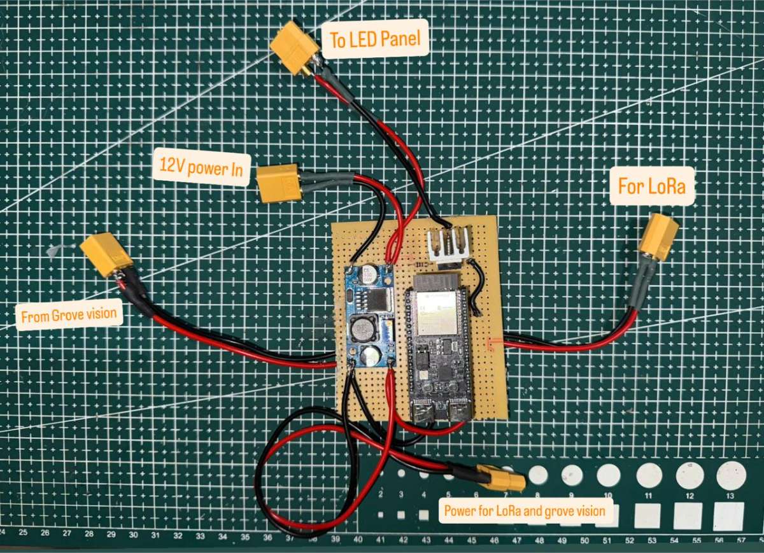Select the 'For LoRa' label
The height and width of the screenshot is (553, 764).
652,186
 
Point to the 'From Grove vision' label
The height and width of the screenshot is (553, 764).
69,315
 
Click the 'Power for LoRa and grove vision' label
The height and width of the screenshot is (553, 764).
528,510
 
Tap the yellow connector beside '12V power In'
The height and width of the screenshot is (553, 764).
279,183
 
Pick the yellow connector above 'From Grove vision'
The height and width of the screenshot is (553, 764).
107,255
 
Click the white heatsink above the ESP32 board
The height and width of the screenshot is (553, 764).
449,245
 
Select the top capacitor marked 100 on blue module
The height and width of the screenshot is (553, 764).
367,276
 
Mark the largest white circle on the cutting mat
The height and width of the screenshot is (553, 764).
731,475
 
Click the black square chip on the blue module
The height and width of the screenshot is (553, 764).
374,298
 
